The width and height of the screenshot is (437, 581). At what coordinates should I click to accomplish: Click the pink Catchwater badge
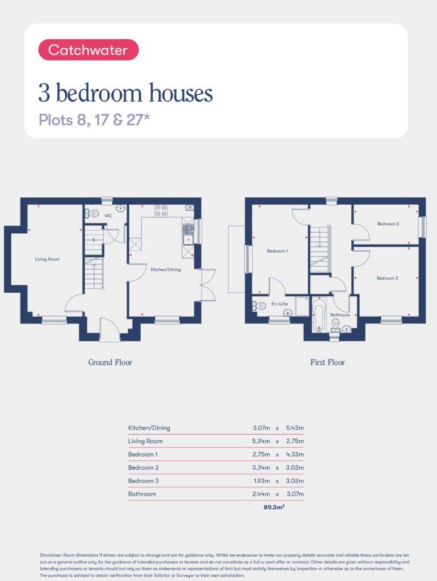(x=88, y=50)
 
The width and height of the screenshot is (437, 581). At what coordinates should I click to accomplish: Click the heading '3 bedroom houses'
(x=125, y=92)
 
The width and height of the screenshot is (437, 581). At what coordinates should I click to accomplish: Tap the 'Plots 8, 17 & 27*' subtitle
(x=94, y=120)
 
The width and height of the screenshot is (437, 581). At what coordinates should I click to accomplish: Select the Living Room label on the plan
(x=47, y=259)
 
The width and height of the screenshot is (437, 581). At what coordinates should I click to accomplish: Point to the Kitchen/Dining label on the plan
(x=166, y=270)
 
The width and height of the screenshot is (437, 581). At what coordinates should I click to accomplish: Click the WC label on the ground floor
(x=108, y=216)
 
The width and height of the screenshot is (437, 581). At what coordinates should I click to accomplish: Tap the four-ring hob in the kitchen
(x=161, y=210)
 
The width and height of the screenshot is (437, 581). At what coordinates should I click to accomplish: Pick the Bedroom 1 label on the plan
(x=278, y=251)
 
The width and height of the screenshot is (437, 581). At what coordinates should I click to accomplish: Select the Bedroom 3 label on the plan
(x=388, y=224)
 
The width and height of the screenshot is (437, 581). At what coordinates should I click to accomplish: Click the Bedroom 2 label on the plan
(x=387, y=278)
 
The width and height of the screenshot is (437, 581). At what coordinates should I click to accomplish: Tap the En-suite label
(x=279, y=304)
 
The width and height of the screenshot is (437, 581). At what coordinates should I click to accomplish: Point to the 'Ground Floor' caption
(x=110, y=363)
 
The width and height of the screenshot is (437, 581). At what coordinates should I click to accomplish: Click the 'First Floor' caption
(x=327, y=363)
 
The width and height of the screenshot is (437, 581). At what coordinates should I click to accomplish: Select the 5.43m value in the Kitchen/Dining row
(x=295, y=428)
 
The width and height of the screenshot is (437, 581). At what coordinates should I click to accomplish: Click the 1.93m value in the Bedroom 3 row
(x=262, y=481)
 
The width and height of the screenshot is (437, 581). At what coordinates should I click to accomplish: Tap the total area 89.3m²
(x=274, y=507)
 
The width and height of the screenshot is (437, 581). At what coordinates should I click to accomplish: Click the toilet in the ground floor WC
(x=93, y=213)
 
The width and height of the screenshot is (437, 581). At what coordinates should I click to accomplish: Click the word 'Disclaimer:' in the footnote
(x=51, y=555)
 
